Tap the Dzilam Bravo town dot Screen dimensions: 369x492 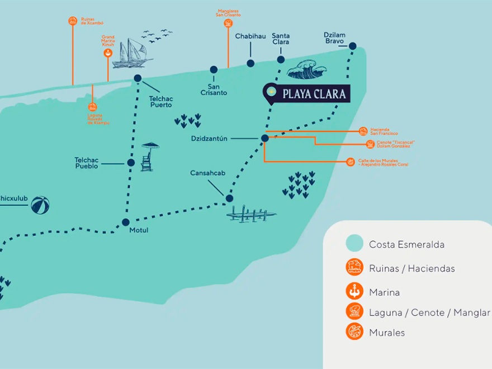353,46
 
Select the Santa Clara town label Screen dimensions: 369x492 281,39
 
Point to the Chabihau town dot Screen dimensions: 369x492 250,64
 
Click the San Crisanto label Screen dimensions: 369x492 214,89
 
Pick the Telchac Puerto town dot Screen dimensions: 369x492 138,78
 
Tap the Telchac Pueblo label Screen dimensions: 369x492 87,163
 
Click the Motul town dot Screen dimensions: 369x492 126,222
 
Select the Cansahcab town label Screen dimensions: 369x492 207,173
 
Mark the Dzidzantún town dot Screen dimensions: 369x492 265,138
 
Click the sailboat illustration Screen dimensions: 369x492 132,54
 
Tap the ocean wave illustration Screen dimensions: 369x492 306,69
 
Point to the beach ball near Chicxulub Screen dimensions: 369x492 40,205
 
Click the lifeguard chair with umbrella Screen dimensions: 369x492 149,156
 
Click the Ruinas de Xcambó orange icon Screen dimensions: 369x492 73,21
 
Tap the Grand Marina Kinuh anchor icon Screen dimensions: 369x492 108,53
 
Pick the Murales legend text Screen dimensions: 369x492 387,333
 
